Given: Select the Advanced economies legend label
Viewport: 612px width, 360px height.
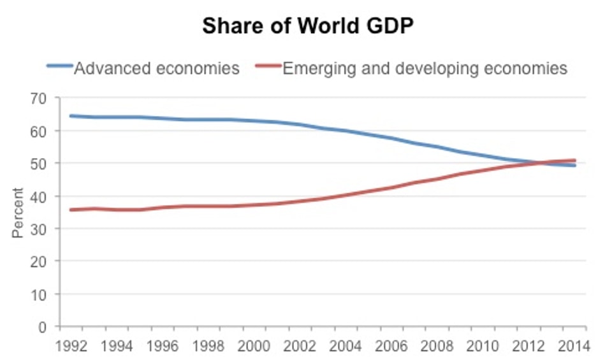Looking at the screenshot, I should point(157,68).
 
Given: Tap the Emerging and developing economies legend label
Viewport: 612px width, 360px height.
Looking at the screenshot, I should point(425,68).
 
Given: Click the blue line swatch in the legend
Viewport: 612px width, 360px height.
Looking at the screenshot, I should point(60,66).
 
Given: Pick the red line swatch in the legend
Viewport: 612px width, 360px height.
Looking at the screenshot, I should point(268,66).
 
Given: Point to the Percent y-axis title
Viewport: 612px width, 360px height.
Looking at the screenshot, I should point(17,212).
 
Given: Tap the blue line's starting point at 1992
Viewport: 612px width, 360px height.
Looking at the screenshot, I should point(71,116).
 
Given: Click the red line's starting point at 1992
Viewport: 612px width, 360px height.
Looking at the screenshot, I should point(71,210).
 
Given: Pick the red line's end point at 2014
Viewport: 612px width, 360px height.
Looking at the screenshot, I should point(575,161).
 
